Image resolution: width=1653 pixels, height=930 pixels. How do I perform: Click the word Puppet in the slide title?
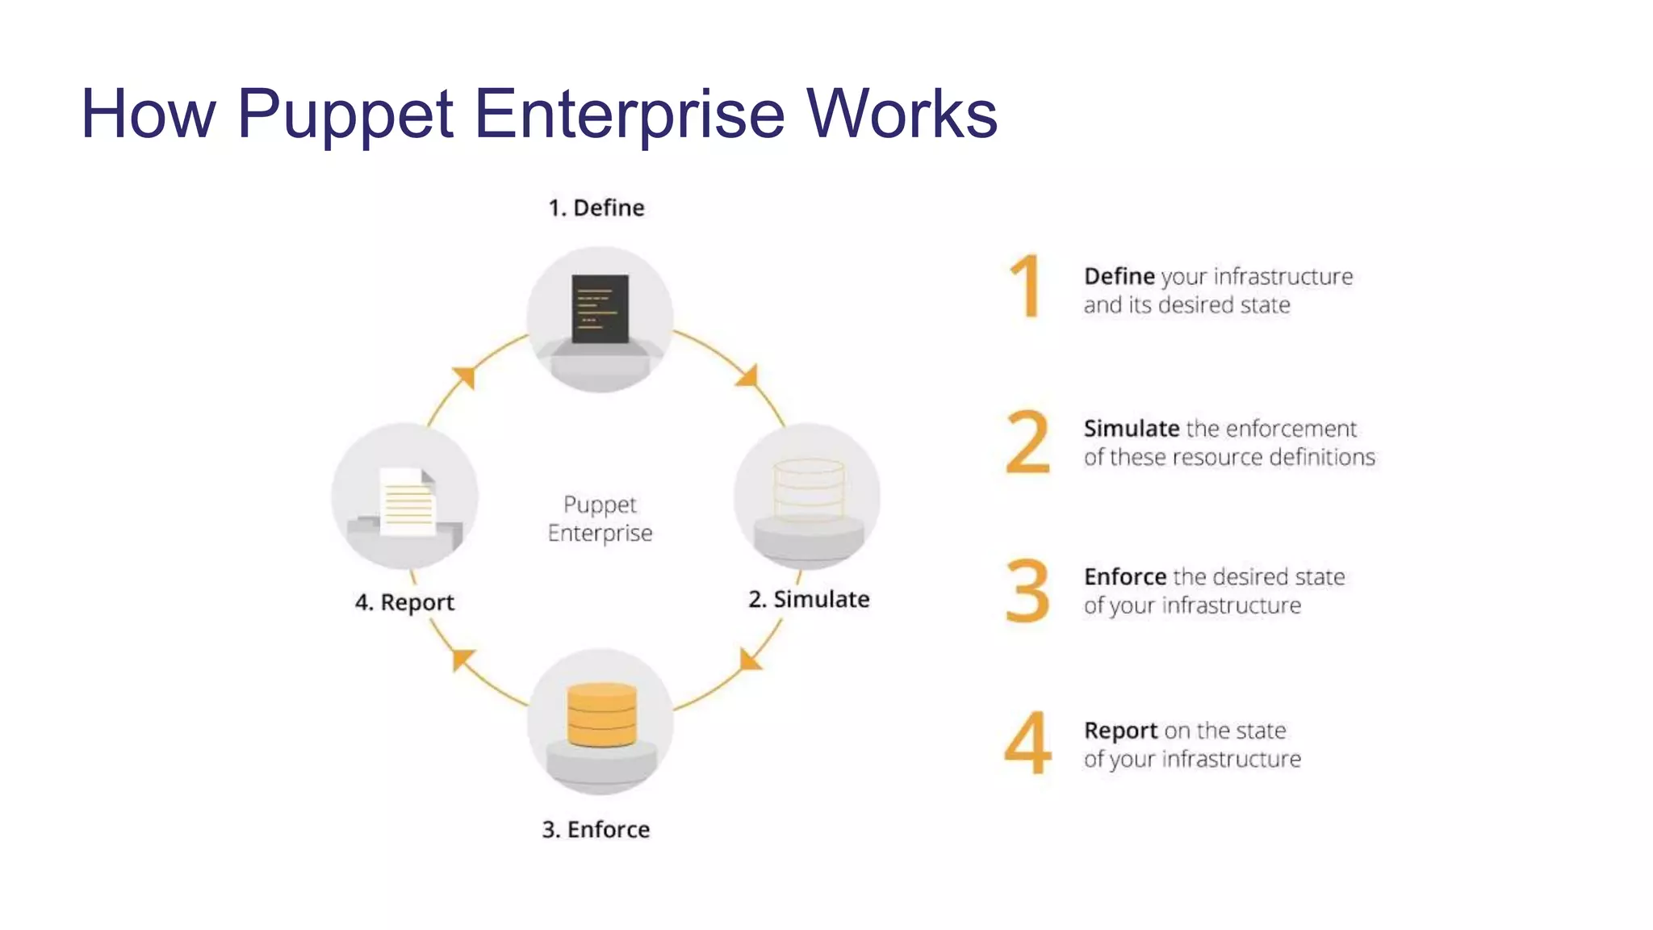click(x=345, y=115)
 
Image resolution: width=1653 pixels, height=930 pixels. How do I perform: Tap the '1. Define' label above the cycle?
click(x=596, y=208)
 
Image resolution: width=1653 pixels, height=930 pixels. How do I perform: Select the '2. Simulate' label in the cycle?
click(x=809, y=599)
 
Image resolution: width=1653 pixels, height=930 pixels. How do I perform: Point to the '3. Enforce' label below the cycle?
click(x=596, y=829)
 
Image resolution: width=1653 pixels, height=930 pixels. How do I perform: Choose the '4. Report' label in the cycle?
click(x=404, y=602)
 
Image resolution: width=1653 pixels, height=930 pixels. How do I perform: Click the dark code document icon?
click(x=600, y=309)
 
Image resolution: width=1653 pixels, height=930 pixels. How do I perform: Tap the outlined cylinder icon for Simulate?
click(x=809, y=490)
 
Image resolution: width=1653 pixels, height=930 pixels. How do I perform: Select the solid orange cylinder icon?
click(x=601, y=714)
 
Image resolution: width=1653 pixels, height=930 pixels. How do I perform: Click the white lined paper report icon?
click(x=408, y=502)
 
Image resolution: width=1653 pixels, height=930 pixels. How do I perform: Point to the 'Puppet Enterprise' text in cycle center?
click(x=600, y=518)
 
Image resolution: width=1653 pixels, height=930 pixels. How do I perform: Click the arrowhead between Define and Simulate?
click(x=748, y=376)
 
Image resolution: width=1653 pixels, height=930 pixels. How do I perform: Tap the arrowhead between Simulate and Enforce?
click(x=749, y=660)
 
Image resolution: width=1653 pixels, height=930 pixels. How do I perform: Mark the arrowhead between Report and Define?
click(x=465, y=376)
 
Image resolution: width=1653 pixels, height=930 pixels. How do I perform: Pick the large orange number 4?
click(x=1027, y=743)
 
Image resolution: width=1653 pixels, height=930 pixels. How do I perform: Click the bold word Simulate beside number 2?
click(x=1132, y=429)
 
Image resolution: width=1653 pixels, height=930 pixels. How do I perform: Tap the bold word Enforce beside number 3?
click(x=1125, y=577)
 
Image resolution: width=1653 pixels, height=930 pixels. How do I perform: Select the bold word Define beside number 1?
click(x=1119, y=277)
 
